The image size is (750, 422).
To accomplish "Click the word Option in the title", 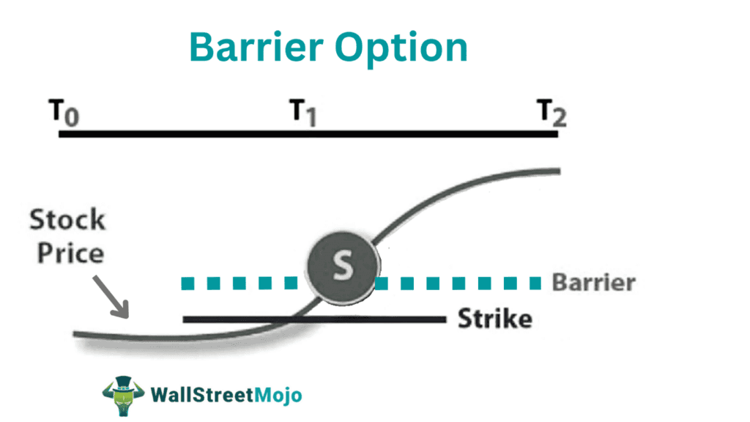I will pyautogui.click(x=407, y=48).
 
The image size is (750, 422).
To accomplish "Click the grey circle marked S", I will pyautogui.click(x=342, y=267).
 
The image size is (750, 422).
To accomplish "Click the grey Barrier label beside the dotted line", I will pyautogui.click(x=593, y=283).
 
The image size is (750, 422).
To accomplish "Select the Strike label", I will pyautogui.click(x=494, y=319).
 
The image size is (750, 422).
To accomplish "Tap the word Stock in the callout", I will pyautogui.click(x=67, y=220).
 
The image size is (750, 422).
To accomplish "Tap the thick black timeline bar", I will pyautogui.click(x=308, y=134).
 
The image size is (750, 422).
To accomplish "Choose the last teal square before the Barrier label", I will pyautogui.click(x=535, y=283).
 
